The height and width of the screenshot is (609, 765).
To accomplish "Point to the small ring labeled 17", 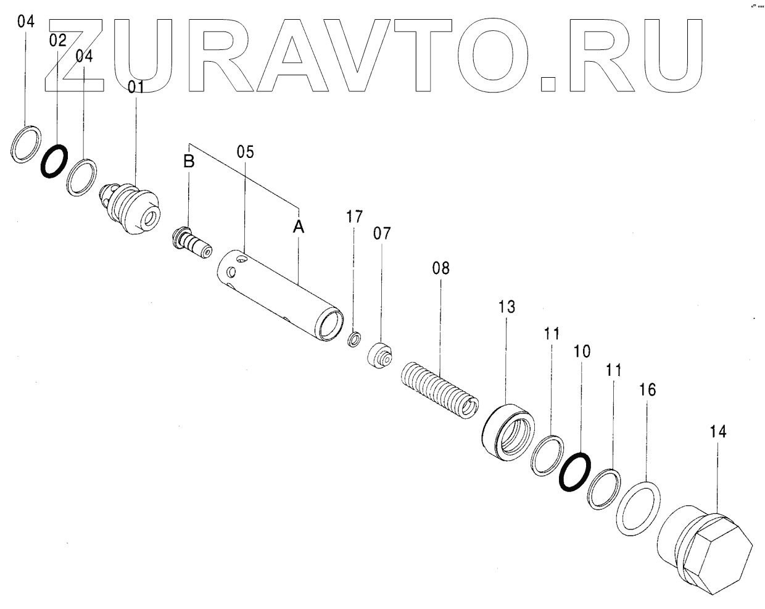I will click(355, 339).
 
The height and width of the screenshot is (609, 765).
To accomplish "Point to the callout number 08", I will click(440, 268).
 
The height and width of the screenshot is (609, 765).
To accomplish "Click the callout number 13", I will click(507, 307).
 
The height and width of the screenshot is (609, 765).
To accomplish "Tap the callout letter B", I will click(189, 162).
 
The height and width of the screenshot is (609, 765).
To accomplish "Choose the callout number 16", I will click(647, 390).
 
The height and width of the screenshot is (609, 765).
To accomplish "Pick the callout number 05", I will click(245, 151).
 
